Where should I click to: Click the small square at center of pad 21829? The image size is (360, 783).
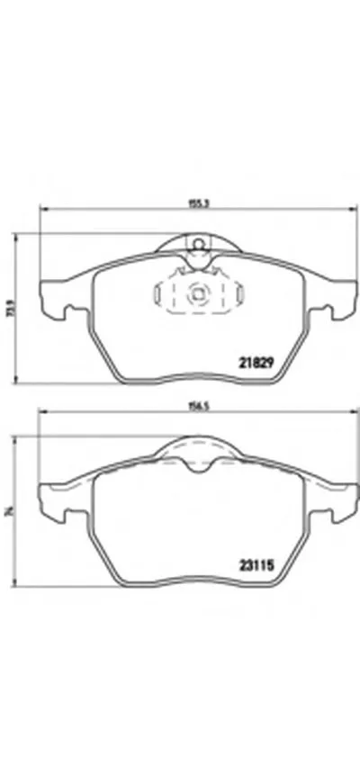196,293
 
